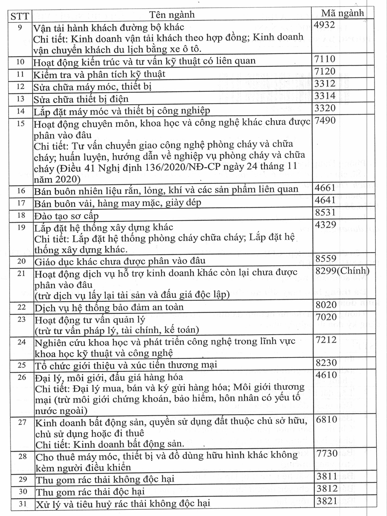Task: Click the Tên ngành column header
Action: click(172, 14)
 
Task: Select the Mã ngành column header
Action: click(342, 13)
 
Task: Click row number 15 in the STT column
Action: click(20, 123)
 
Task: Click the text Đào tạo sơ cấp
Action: click(66, 216)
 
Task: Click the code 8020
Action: click(326, 304)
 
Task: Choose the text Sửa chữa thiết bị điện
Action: click(81, 99)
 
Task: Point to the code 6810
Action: click(327, 419)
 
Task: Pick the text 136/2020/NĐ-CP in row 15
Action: click(183, 167)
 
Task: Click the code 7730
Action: click(327, 453)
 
